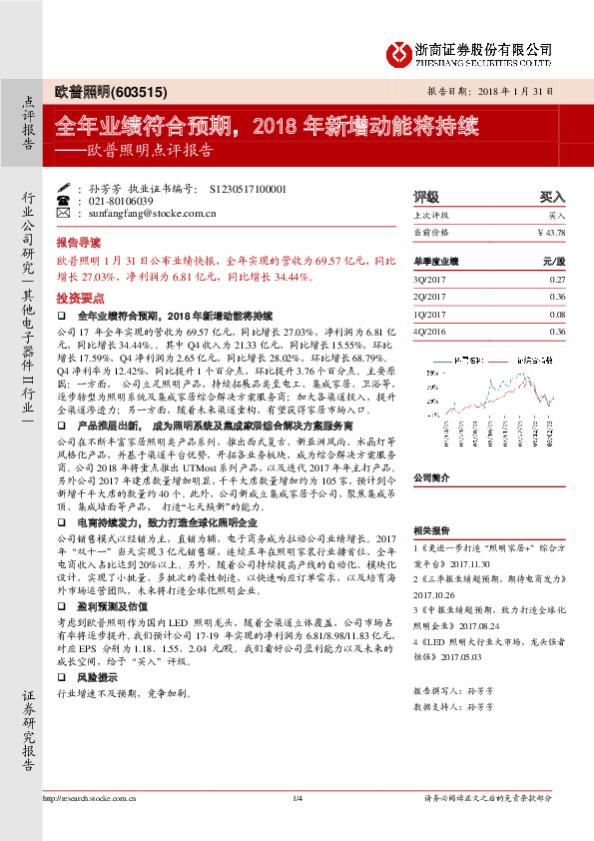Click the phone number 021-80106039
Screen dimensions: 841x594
(x=118, y=201)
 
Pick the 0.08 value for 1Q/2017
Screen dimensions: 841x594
(x=556, y=314)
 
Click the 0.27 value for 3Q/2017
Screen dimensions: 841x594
(x=556, y=281)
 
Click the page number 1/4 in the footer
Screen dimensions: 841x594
(x=297, y=797)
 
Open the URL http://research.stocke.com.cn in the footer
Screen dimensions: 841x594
(x=90, y=798)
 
